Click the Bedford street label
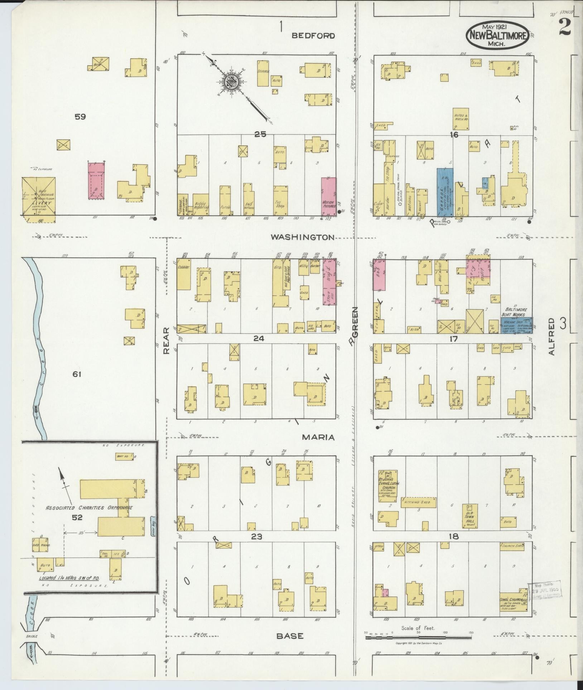(x=313, y=35)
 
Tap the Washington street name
(x=303, y=237)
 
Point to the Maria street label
(x=318, y=437)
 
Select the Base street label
(x=290, y=636)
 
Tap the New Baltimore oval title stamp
(x=498, y=35)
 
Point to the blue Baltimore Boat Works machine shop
(x=516, y=324)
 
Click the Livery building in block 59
(x=38, y=196)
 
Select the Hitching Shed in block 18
(x=418, y=502)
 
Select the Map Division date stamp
(x=545, y=590)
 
